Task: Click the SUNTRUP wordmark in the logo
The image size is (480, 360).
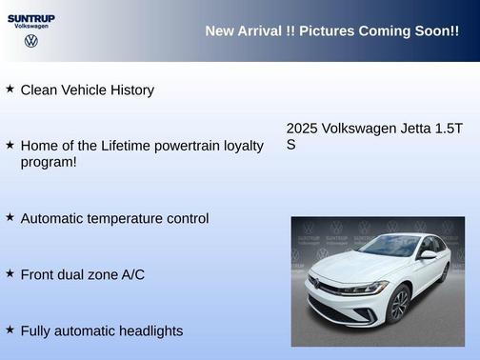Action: (x=32, y=17)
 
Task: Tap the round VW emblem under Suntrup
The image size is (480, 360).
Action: (x=31, y=41)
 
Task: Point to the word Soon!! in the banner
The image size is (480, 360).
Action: (x=433, y=31)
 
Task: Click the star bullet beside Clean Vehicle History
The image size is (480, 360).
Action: (x=10, y=89)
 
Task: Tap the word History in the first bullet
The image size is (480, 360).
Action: (x=130, y=90)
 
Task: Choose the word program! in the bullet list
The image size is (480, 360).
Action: (x=49, y=162)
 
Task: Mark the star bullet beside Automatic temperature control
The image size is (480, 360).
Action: (x=10, y=217)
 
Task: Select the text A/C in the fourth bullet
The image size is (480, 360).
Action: (x=130, y=274)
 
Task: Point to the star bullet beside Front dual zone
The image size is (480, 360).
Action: (x=10, y=273)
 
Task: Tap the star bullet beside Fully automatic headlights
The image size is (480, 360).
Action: (x=10, y=330)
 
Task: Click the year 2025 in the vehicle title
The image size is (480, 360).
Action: (x=302, y=129)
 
